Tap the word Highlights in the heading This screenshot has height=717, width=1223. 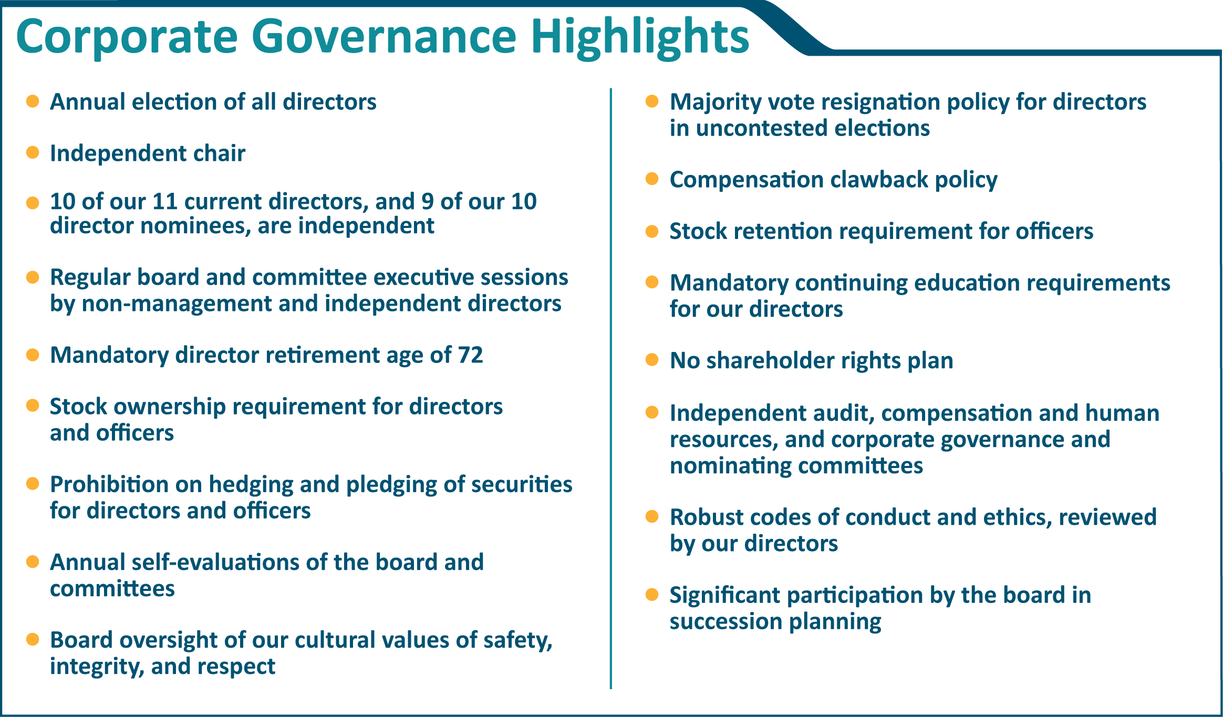coord(639,37)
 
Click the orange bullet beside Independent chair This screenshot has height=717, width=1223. coord(33,152)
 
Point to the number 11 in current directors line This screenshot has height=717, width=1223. coord(164,202)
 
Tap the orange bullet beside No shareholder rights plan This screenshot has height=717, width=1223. coord(652,360)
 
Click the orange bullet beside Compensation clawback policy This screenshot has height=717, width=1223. coord(652,179)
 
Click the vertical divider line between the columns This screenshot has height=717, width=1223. coord(611,389)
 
